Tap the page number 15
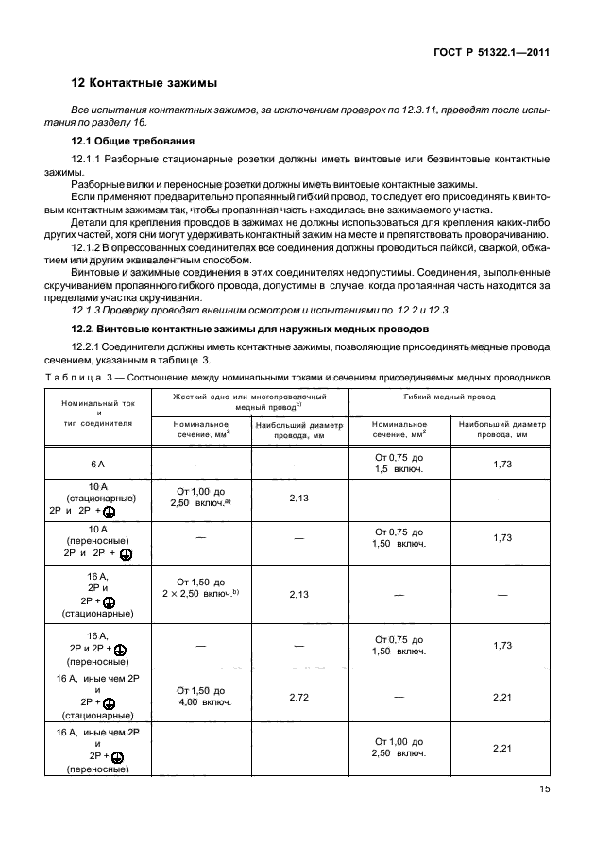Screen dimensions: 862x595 (541, 790)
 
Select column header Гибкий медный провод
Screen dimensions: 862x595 (449, 397)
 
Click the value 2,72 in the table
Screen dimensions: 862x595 (299, 696)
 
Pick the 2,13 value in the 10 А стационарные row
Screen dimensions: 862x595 (299, 498)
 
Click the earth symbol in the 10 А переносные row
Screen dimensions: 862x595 (126, 555)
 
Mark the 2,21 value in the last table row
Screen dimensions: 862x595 (502, 748)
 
